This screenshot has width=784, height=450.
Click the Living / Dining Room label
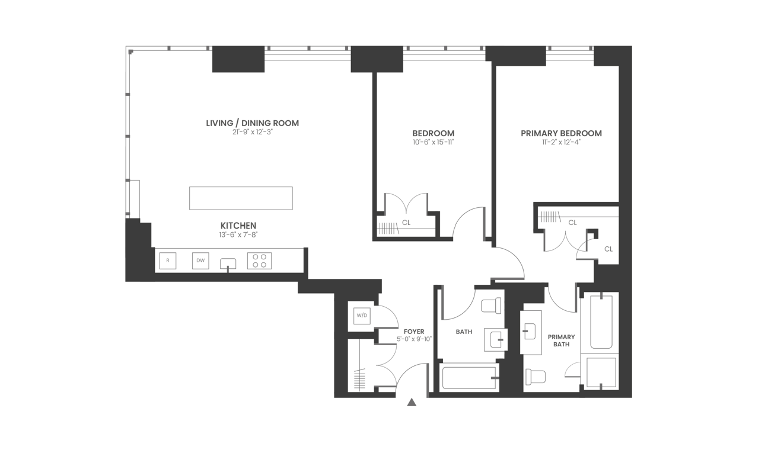(252, 123)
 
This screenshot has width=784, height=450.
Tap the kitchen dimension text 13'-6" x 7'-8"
(238, 235)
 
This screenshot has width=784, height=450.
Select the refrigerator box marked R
(168, 261)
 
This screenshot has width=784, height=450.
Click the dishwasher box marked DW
(200, 261)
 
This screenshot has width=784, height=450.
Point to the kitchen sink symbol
(228, 263)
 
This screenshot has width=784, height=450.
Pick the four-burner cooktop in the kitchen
(259, 261)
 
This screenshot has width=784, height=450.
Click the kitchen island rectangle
(241, 198)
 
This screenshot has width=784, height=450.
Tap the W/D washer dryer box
(362, 316)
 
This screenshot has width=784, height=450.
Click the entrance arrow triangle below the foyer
(412, 403)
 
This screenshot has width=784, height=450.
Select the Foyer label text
(414, 332)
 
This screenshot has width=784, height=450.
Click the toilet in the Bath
(492, 306)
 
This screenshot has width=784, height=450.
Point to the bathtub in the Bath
(469, 378)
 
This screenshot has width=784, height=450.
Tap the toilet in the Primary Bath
(536, 377)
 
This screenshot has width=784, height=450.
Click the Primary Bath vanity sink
(530, 332)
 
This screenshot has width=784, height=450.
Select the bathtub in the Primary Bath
(601, 322)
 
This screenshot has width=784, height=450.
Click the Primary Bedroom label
(561, 133)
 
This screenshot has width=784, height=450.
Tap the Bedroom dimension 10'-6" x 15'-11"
(434, 142)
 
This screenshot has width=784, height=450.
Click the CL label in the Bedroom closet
(406, 223)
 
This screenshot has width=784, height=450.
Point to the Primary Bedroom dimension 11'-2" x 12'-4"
(561, 142)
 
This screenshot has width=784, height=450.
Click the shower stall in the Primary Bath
(601, 372)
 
